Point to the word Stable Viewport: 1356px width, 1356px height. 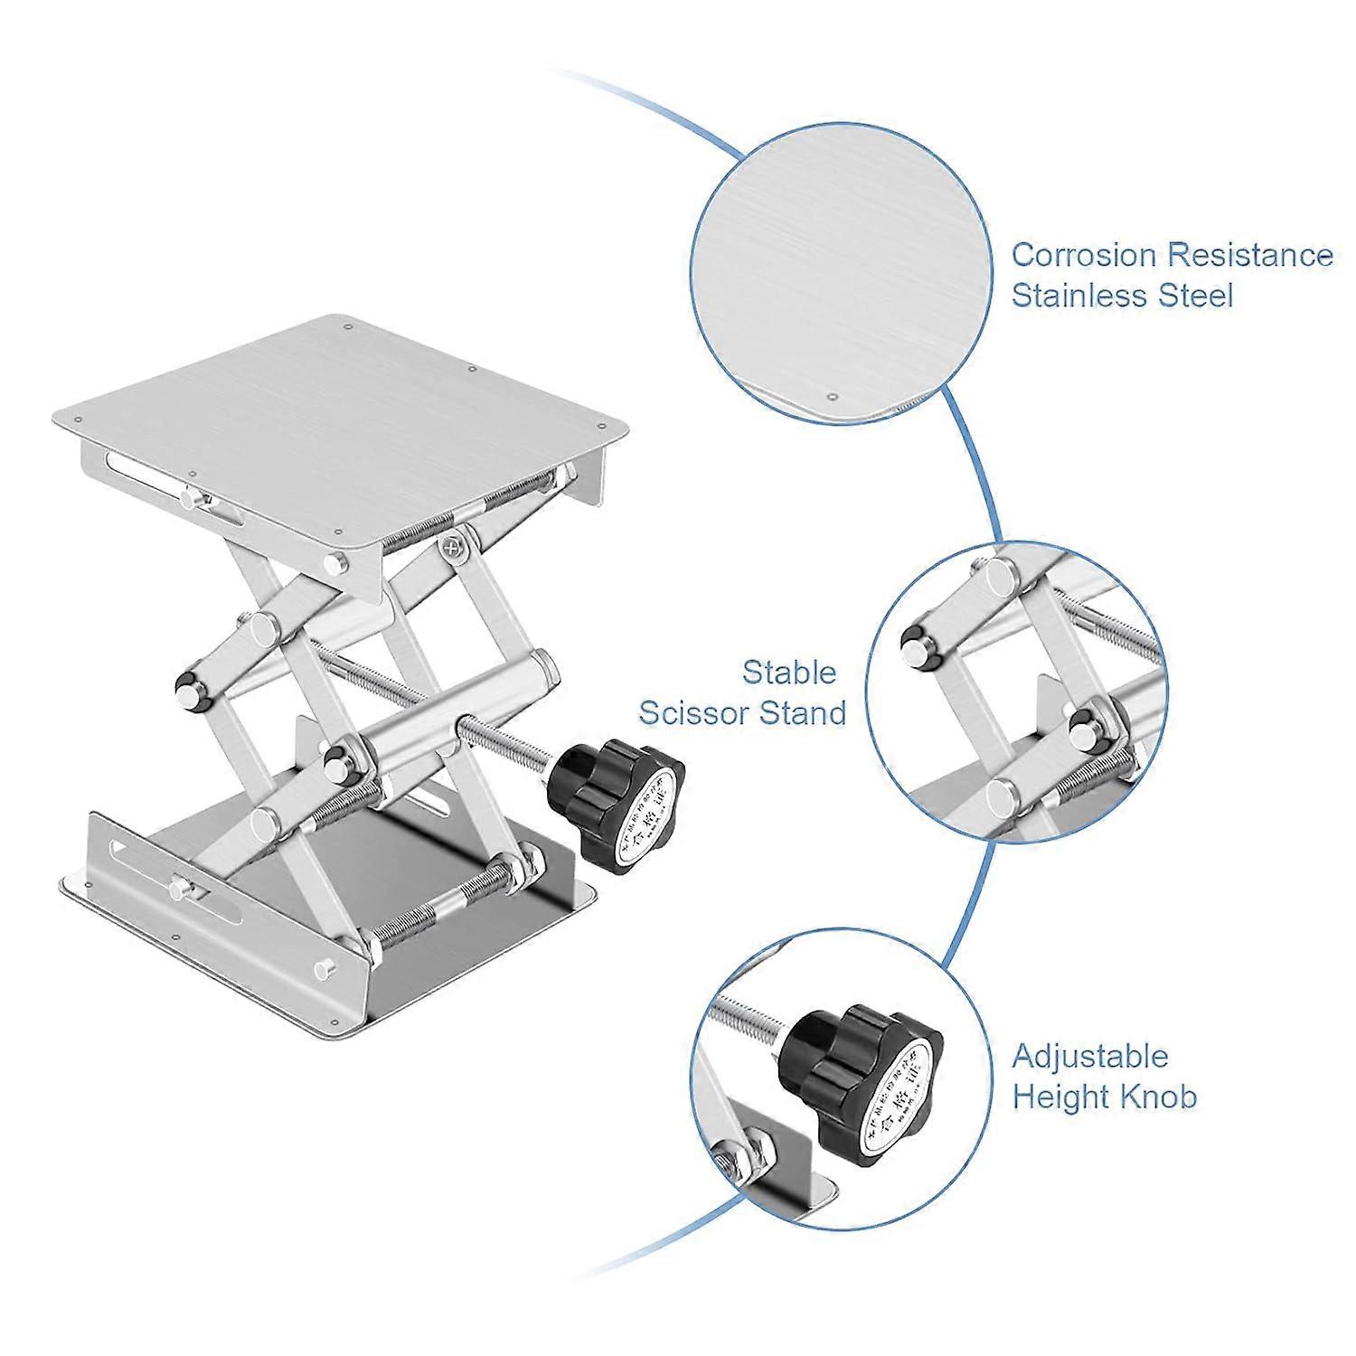(789, 673)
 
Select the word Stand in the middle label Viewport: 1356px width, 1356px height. (804, 713)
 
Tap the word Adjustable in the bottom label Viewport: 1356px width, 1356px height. (1090, 1057)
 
